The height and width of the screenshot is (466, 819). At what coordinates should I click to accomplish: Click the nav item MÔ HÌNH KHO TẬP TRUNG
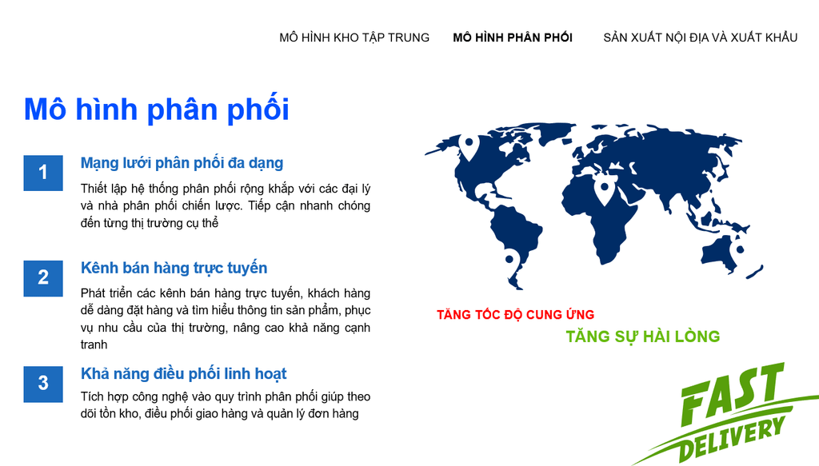[354, 38]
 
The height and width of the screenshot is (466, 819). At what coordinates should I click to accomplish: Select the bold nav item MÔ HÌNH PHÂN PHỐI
[513, 38]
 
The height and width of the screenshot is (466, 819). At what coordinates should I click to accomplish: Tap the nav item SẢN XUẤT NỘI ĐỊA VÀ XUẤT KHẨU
[701, 38]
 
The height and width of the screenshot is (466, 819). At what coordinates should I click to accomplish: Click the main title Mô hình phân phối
[156, 110]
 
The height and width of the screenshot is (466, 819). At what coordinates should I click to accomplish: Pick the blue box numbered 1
[43, 173]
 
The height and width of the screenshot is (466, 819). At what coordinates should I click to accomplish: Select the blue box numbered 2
[43, 278]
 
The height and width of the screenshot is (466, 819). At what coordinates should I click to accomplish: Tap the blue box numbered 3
[43, 384]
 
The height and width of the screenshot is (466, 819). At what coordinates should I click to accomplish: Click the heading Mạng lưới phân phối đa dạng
[182, 163]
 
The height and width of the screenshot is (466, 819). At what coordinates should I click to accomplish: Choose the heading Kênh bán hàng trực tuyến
[174, 269]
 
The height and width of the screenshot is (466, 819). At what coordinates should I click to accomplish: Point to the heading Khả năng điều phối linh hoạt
[183, 373]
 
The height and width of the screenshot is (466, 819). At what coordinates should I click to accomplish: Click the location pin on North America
[469, 146]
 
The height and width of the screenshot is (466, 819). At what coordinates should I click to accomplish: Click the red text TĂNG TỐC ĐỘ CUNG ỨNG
[516, 315]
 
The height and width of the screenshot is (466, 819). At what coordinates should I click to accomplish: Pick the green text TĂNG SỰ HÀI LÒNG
[642, 337]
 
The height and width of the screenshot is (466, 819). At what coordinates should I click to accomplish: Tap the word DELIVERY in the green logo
[731, 438]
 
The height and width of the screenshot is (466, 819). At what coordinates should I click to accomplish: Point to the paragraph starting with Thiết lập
[225, 205]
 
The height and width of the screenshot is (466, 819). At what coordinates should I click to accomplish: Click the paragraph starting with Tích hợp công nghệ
[225, 405]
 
